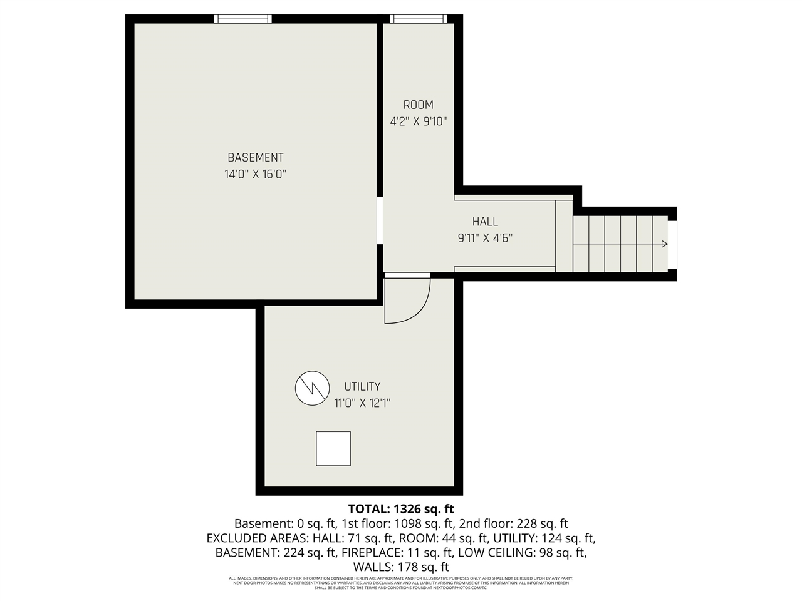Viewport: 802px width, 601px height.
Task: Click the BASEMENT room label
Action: (x=255, y=158)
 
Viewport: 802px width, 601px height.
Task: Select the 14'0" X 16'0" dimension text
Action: (x=255, y=175)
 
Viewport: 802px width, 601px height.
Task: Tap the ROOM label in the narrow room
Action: (x=418, y=105)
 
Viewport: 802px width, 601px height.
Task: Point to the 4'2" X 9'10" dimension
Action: (x=418, y=121)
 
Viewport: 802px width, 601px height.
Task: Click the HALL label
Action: (x=485, y=222)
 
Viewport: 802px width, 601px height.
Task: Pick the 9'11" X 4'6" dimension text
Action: (x=485, y=238)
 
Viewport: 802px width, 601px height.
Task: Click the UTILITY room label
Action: (x=362, y=387)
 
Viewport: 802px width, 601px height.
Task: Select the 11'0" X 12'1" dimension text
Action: (x=362, y=403)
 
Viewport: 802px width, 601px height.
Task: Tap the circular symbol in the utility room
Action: (x=312, y=388)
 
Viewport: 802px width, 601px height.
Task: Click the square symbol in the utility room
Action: (x=333, y=448)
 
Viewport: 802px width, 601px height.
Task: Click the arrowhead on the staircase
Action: (x=664, y=244)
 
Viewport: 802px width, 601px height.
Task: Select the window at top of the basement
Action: (x=243, y=19)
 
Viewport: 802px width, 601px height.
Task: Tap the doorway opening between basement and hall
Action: (x=380, y=222)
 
